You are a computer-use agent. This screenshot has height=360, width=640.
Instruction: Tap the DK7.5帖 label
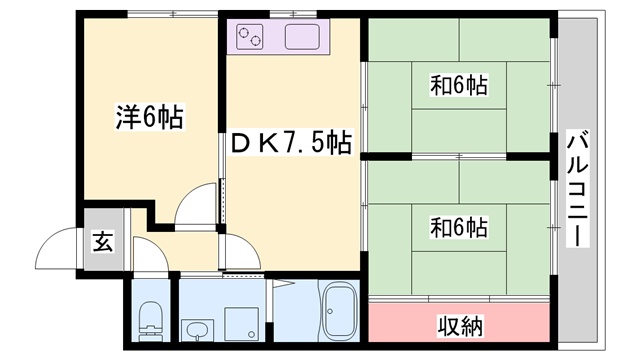[x=291, y=143]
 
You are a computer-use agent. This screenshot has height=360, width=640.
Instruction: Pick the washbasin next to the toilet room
[x=195, y=329]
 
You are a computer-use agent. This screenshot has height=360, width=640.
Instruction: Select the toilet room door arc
[x=146, y=262]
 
